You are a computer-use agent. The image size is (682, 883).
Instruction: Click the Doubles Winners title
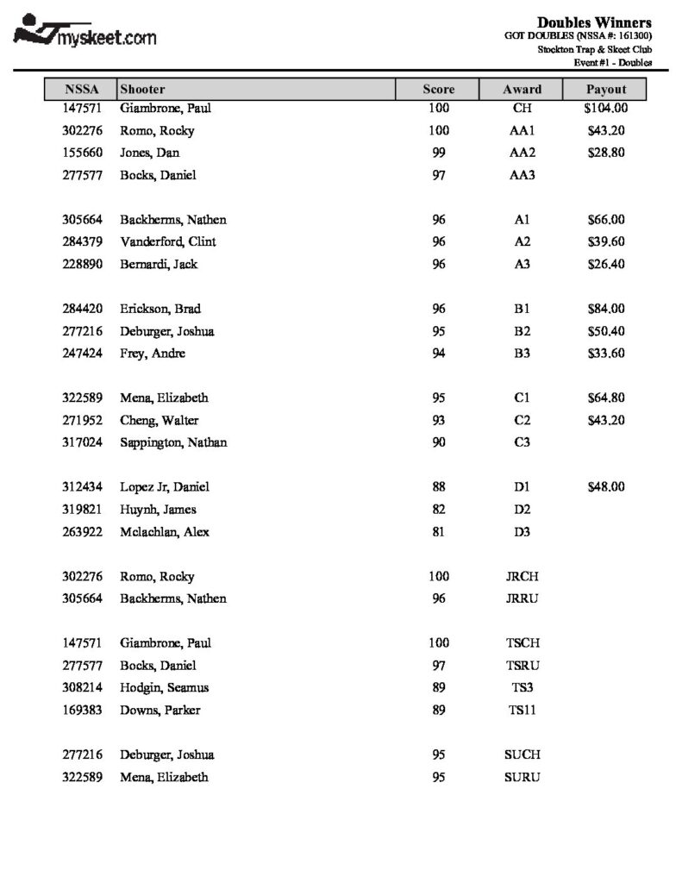[594, 22]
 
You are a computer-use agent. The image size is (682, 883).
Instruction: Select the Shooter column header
[143, 89]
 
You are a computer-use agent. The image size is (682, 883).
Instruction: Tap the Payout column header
[605, 89]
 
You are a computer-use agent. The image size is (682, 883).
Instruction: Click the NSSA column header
[82, 89]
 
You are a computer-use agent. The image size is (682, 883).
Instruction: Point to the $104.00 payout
[605, 109]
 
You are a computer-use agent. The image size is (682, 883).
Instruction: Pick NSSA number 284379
[84, 241]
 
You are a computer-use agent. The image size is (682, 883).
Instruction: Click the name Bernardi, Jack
[159, 264]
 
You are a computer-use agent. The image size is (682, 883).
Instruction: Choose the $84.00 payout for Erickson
[605, 309]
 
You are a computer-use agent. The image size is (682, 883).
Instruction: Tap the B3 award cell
[522, 354]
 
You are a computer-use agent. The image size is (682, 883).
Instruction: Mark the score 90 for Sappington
[439, 442]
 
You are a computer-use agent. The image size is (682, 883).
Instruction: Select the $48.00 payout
[605, 487]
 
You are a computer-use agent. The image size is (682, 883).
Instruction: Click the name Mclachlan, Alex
[164, 532]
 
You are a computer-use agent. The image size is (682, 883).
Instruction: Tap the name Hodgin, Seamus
[164, 688]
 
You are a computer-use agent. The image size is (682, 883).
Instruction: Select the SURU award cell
[522, 777]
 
